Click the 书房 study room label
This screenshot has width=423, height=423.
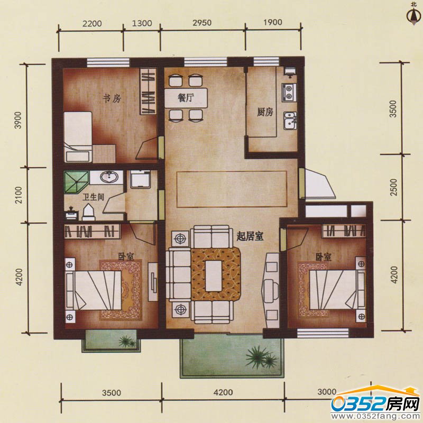[112, 99]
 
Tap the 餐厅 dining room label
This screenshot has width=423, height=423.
[186, 98]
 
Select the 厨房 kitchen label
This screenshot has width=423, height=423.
[265, 112]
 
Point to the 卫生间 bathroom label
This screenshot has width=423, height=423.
[93, 197]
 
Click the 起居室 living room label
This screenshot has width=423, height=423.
[250, 236]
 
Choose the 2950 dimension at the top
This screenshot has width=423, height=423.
[202, 23]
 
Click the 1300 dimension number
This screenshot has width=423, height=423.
[142, 23]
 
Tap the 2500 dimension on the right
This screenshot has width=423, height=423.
[394, 188]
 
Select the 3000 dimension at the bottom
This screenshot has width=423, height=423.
[327, 392]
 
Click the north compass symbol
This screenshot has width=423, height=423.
[413, 14]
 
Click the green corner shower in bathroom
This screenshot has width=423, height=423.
[76, 181]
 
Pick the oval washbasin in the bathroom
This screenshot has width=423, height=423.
[109, 178]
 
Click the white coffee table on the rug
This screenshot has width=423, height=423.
[214, 275]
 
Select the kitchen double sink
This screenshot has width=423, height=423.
[290, 121]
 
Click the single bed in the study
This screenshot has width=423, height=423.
[78, 136]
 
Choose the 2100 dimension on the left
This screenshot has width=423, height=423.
[19, 195]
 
